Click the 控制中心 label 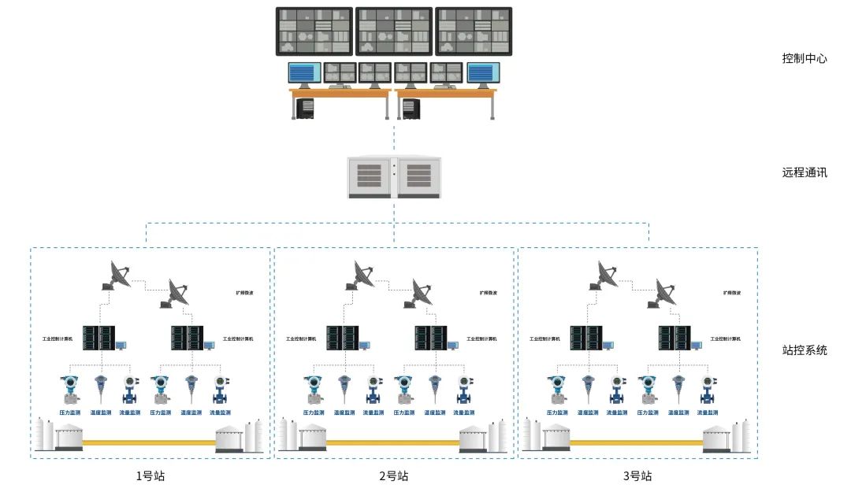[805, 58]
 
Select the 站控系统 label [805, 350]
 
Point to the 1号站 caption [151, 475]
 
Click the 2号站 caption [394, 475]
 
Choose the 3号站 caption [637, 475]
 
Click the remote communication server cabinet [394, 177]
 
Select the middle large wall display [394, 31]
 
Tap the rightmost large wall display [474, 31]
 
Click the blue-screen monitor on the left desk [305, 73]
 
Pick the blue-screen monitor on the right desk [484, 73]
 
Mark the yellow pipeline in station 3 [637, 442]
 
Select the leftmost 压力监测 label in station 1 [71, 412]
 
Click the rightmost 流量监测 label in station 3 [708, 412]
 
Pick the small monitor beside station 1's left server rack [121, 345]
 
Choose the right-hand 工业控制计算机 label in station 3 [725, 339]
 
